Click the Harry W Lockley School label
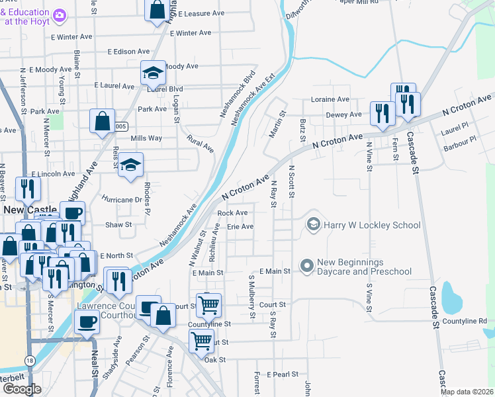point(372,225)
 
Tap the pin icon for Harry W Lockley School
point(313,225)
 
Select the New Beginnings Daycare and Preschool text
point(365,267)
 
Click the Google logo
point(21,389)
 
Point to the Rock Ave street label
point(233,213)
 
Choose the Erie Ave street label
point(240,226)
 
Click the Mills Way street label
point(146,138)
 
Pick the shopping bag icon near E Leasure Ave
point(157,10)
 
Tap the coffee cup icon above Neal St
point(87,322)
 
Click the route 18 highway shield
point(30,361)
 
